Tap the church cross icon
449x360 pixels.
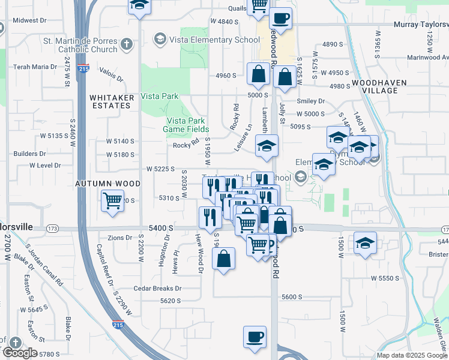(x=126, y=44)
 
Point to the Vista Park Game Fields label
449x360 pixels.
(x=187, y=125)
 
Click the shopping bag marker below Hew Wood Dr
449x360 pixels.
(x=223, y=259)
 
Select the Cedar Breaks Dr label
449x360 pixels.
(x=158, y=289)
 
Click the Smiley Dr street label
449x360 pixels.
(x=311, y=101)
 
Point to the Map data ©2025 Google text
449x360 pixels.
(x=412, y=355)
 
